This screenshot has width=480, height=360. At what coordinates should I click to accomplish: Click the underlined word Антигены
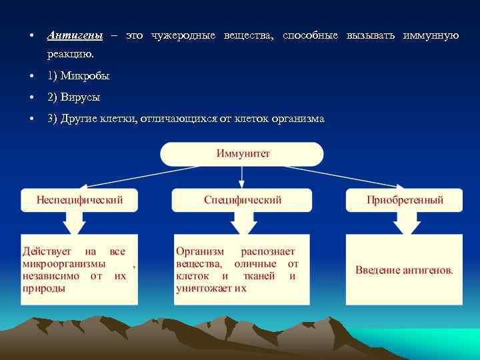coord(75,35)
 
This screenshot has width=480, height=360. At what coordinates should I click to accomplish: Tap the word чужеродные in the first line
coord(183,35)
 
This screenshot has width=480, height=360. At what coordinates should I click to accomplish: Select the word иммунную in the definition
coord(431,35)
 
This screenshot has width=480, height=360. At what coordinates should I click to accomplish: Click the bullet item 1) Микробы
coord(78,76)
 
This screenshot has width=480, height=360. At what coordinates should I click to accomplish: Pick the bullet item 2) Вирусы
coord(73,97)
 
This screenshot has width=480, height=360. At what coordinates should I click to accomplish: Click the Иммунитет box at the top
coord(243,153)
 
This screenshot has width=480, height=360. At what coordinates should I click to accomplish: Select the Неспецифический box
coord(79,200)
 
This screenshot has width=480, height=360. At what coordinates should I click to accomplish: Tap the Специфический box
coord(242,200)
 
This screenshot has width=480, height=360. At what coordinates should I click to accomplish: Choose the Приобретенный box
coord(404,200)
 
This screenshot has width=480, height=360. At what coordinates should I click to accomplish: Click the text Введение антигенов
coord(404,270)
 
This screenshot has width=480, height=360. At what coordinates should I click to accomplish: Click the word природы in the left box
coord(44,288)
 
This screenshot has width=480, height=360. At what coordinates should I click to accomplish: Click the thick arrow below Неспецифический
coord(79,223)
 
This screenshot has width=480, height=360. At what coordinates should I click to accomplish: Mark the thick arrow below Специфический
coord(242,223)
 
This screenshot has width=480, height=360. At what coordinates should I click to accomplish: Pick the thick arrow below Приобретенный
coord(404,223)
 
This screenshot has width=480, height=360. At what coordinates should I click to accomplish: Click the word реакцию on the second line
coord(71,53)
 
